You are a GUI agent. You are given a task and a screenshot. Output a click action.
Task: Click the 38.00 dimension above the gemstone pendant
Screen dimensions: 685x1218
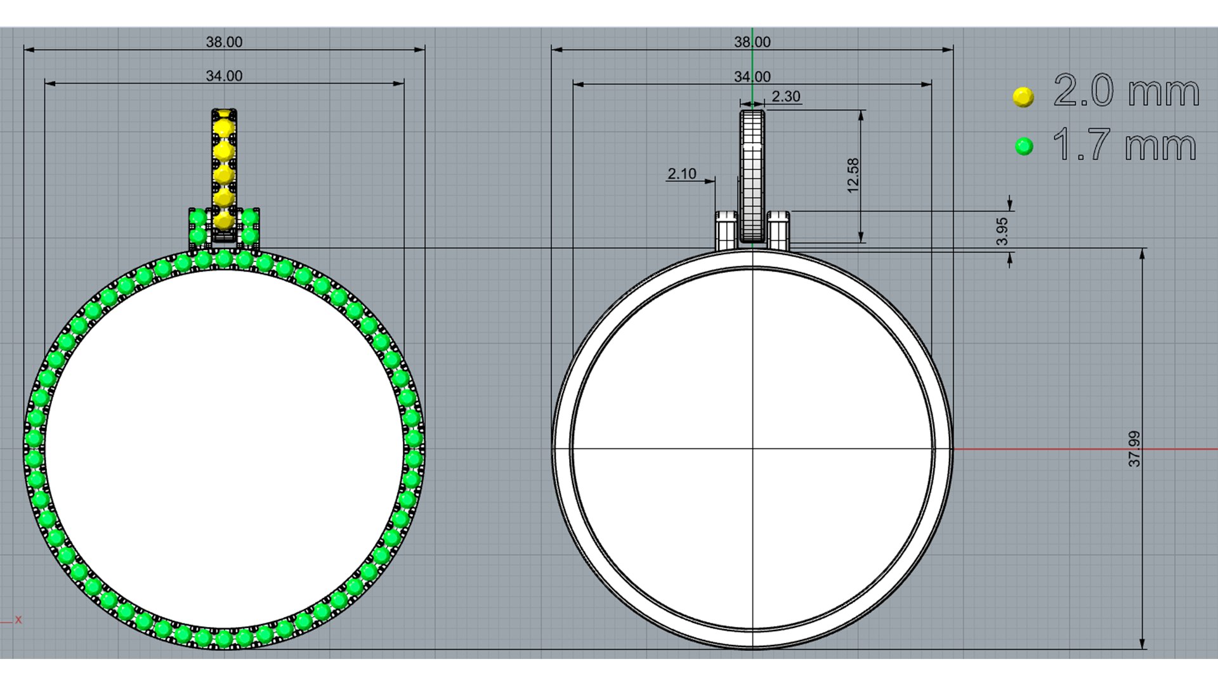click(224, 42)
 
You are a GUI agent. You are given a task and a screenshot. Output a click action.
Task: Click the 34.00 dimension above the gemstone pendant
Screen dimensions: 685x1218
click(224, 76)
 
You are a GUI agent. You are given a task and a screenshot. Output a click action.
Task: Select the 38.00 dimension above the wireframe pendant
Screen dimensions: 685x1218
click(752, 42)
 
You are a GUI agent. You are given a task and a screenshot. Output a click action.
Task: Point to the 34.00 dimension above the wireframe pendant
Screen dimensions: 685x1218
click(752, 77)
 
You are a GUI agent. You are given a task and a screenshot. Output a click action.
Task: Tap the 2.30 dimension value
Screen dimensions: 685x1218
click(786, 96)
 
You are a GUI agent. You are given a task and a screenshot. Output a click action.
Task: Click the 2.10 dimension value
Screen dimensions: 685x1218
click(682, 174)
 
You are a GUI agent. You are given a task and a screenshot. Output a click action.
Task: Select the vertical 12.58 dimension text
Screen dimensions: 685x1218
click(853, 176)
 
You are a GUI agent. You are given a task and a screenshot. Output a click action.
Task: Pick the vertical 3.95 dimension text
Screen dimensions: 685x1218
click(1002, 232)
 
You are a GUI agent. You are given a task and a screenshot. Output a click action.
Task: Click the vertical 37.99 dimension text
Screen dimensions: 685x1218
click(1134, 449)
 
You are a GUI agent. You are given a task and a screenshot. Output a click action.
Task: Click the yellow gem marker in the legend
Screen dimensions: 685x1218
click(1023, 97)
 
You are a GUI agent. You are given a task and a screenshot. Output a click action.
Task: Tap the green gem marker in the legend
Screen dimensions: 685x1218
click(1024, 147)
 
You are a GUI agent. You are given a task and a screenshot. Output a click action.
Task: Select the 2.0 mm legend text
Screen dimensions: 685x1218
click(1127, 91)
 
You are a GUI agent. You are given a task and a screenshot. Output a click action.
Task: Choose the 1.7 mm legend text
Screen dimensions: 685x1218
click(1125, 145)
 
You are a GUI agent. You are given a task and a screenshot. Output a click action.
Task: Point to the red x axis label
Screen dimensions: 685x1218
click(18, 620)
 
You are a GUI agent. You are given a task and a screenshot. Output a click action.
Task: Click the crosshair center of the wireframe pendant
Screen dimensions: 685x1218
click(753, 449)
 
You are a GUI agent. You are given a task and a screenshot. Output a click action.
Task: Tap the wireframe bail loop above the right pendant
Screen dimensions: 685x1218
click(752, 176)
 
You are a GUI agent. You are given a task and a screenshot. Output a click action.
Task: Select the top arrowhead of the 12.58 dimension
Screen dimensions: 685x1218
click(861, 115)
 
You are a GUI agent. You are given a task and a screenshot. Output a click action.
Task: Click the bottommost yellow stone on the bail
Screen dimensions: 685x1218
click(224, 221)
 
